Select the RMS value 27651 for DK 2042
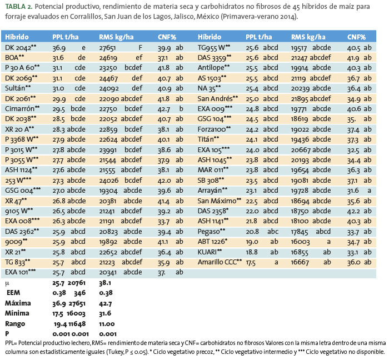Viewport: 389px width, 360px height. pyautogui.click(x=107, y=48)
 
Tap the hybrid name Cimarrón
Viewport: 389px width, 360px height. pyautogui.click(x=19, y=108)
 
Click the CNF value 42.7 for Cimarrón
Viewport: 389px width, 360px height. pyautogui.click(x=164, y=109)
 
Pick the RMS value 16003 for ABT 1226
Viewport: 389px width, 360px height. pyautogui.click(x=300, y=242)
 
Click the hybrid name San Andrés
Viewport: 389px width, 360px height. pyautogui.click(x=215, y=99)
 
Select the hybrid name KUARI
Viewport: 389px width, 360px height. pyautogui.click(x=207, y=252)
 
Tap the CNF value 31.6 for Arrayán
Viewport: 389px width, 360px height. pyautogui.click(x=353, y=191)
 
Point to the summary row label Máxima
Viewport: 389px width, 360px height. pyautogui.click(x=18, y=303)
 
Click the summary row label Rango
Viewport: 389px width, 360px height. pyautogui.click(x=15, y=324)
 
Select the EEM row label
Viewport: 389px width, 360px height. pyautogui.click(x=13, y=293)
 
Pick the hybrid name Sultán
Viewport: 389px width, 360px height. pyautogui.click(x=15, y=88)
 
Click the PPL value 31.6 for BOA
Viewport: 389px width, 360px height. pyautogui.click(x=58, y=58)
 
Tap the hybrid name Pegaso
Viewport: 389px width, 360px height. pyautogui.click(x=208, y=232)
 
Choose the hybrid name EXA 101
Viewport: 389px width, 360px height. pyautogui.click(x=16, y=272)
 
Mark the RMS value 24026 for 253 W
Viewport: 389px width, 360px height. pyautogui.click(x=109, y=180)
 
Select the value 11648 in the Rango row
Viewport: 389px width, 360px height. pyautogui.click(x=77, y=324)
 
